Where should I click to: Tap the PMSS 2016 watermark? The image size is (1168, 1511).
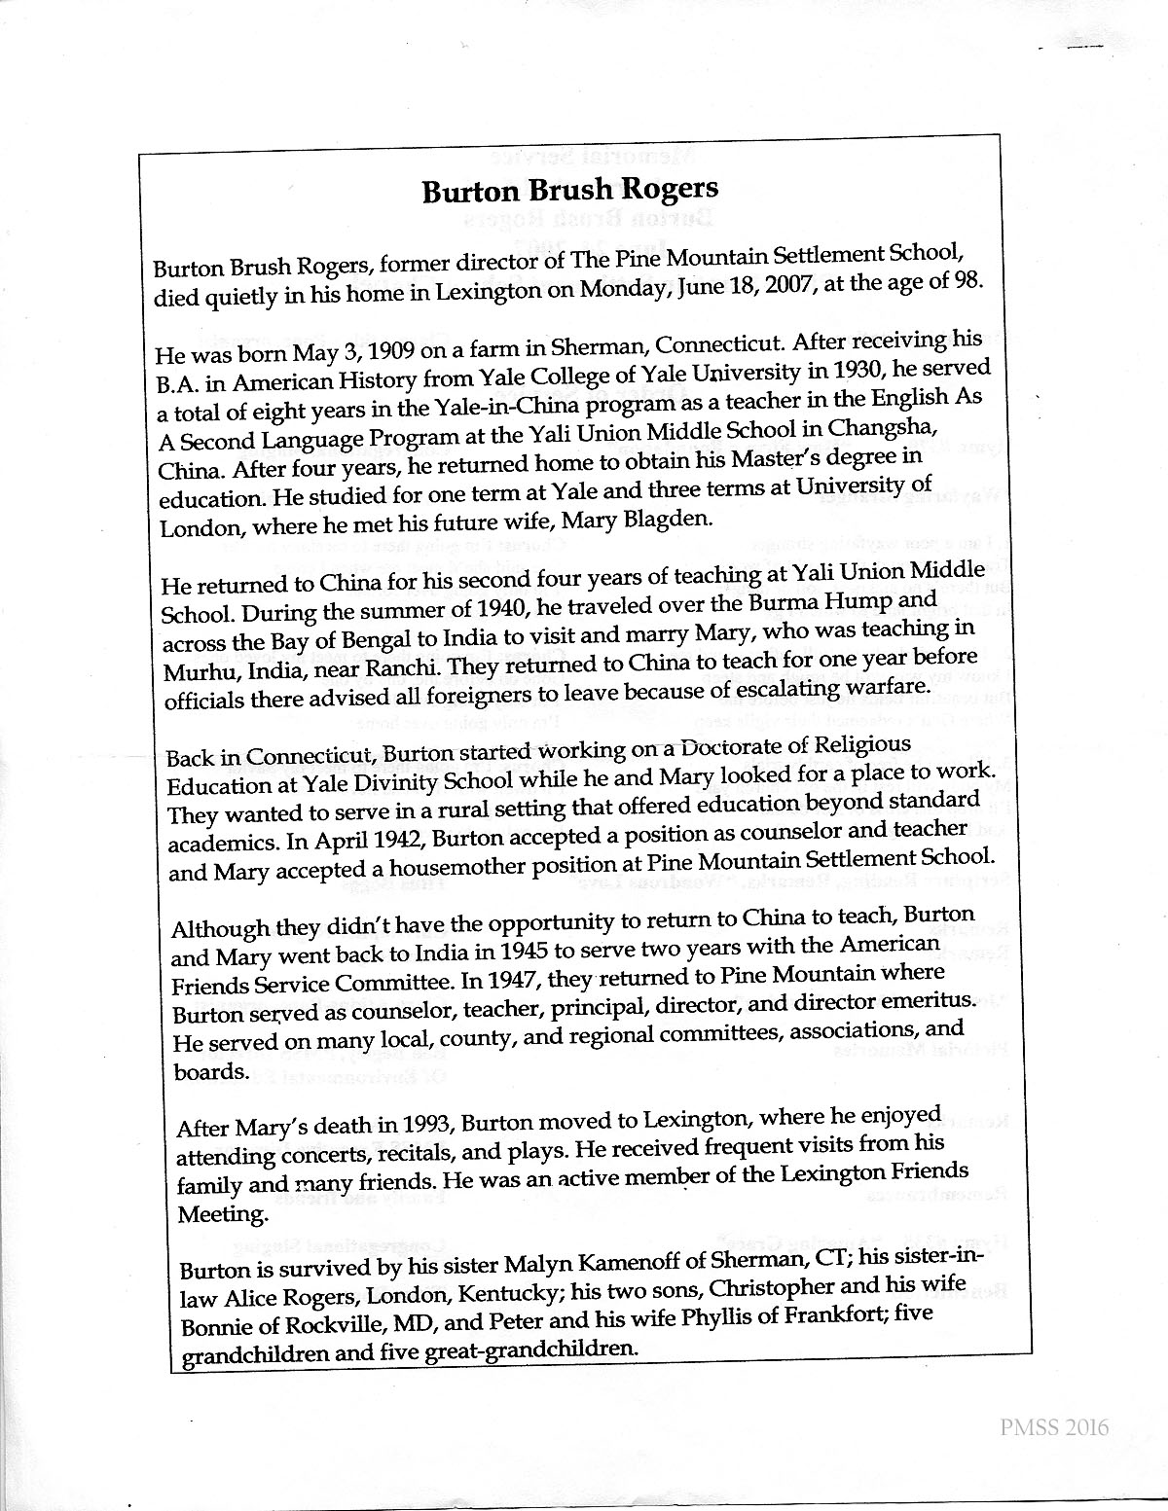(x=1054, y=1427)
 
